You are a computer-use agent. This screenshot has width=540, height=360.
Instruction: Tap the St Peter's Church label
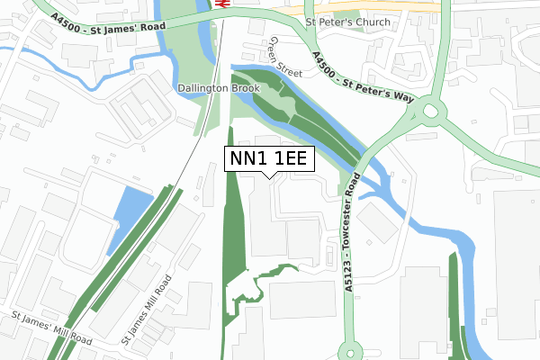pos(348,22)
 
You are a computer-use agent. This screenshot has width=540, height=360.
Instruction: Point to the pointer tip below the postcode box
pos(269,176)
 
